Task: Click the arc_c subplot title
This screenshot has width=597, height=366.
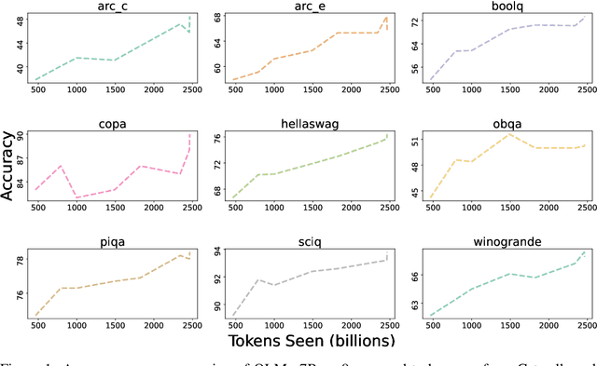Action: pos(114,7)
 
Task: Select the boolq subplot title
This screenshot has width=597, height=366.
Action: pos(506,7)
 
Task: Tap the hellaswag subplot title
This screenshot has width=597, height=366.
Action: pos(309,124)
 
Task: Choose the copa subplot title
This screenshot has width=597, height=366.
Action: pos(114,124)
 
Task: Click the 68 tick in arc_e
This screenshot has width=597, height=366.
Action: pos(215,18)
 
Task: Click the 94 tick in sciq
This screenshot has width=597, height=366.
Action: pos(215,251)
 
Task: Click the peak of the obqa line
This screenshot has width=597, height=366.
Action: pos(507,134)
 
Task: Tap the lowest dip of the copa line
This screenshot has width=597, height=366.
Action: pos(76,197)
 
